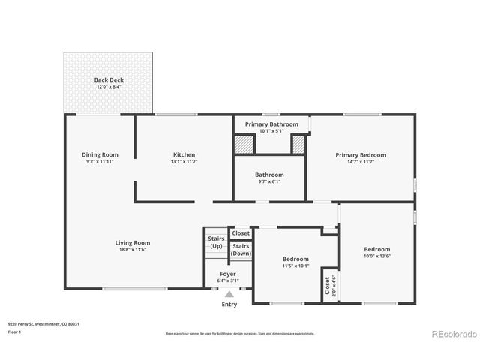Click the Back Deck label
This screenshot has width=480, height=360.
109,79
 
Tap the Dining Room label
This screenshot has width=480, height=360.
100,155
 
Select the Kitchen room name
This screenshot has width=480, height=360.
184,155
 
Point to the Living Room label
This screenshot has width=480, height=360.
132,242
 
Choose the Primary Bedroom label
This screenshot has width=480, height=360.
361,155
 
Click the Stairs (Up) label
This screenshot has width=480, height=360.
216,242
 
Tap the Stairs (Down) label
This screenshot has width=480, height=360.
241,250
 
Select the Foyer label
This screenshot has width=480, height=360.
229,274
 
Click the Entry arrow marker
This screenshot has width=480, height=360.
229,295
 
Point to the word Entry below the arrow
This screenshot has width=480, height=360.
229,304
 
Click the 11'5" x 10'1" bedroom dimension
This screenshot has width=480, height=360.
295,265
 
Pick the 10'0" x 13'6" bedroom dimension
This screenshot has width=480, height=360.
377,256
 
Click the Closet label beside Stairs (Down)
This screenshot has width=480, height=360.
241,233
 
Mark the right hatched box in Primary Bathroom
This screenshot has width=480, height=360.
298,144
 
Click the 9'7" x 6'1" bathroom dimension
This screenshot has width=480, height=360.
269,181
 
